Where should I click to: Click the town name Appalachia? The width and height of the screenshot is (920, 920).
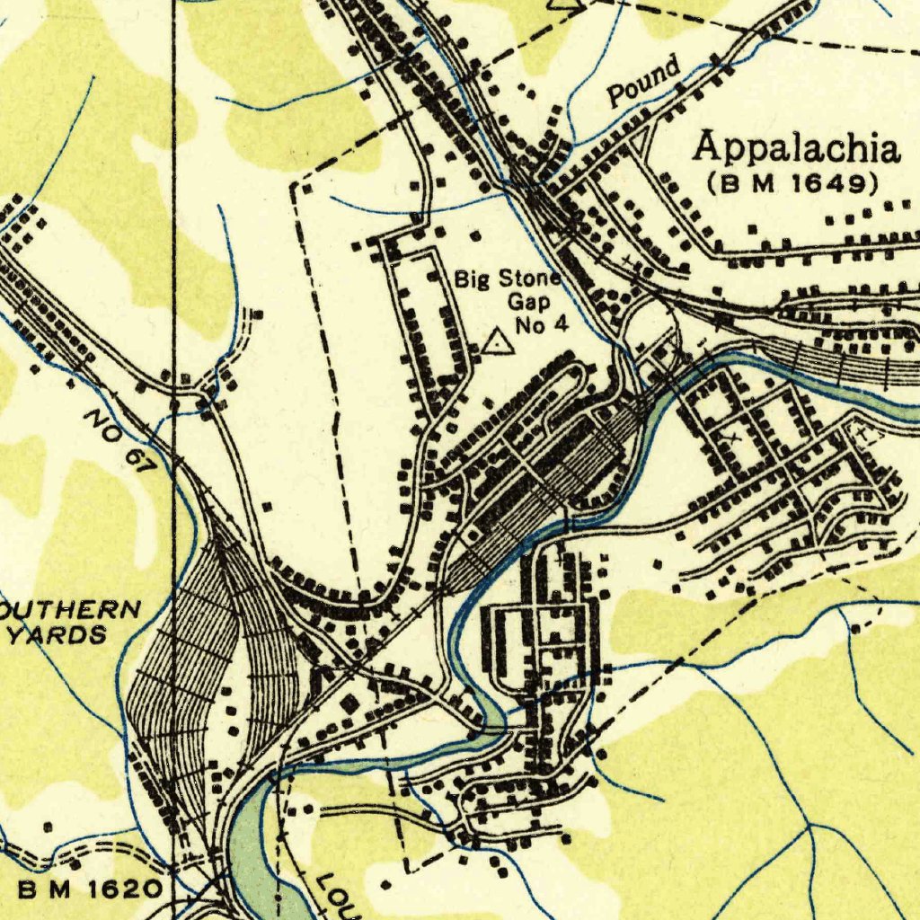pos(796,147)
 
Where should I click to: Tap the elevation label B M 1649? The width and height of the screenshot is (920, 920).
pos(792,184)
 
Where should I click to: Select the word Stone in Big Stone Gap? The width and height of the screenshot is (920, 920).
pos(529,279)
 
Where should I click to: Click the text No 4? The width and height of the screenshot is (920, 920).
pos(542,324)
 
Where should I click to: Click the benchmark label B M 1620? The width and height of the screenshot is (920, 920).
pos(90,889)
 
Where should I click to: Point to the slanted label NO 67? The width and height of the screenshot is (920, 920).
pos(118,441)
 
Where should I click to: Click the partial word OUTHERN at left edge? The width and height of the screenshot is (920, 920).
pos(70,611)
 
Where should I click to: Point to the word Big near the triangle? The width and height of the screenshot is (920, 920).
pos(473,279)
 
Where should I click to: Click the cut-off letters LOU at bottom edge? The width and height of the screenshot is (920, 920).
pos(340,897)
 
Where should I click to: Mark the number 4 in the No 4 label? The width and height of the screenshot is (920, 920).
pos(562,324)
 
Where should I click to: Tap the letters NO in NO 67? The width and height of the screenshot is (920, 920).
pos(100,423)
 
